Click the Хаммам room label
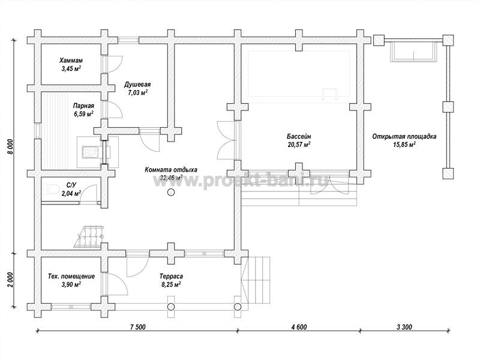coord(71,61)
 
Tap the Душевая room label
coord(137,85)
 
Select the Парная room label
coord(83,106)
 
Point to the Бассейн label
coord(299,137)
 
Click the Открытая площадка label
coord(404,137)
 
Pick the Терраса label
coord(171,277)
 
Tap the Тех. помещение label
coord(71,277)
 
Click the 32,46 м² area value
coord(172,177)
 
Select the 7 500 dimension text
coord(138,327)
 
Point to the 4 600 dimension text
coord(299,327)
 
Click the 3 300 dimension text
coord(404,327)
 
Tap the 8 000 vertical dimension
coord(10,147)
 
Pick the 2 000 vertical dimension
coord(10,280)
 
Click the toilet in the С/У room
coord(50,190)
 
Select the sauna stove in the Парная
coord(91,152)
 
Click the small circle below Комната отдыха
coord(171,192)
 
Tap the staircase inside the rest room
coord(89,236)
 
